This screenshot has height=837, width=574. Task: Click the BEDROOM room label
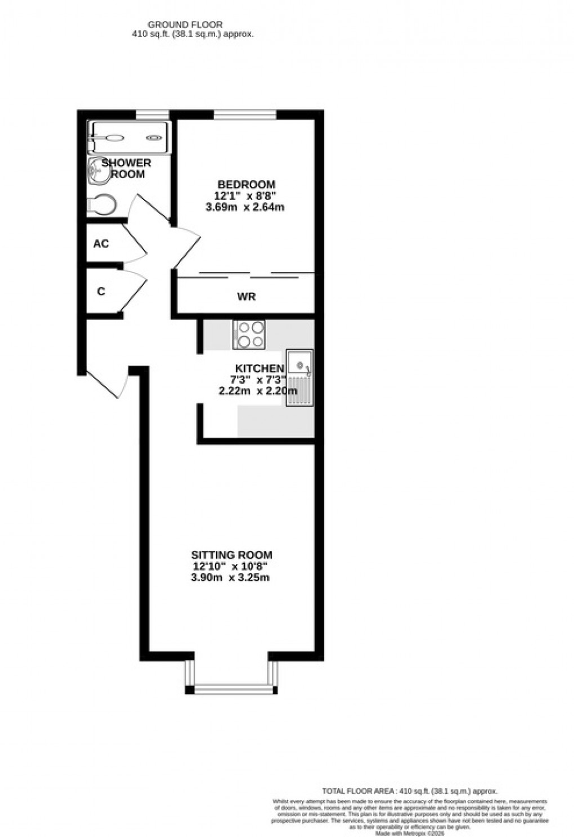(246, 184)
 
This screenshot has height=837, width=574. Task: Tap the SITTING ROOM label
(231, 555)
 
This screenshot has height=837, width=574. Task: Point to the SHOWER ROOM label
(127, 168)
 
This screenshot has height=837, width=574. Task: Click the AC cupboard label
(101, 244)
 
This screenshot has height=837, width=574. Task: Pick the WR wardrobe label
(247, 296)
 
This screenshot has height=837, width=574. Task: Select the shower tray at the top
(128, 137)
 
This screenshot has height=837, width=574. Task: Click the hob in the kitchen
(249, 334)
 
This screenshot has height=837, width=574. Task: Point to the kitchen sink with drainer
(299, 377)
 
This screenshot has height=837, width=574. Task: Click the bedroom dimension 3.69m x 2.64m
(245, 207)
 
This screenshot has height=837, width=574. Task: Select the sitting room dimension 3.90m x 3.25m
(230, 577)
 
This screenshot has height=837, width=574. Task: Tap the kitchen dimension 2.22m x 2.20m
(258, 390)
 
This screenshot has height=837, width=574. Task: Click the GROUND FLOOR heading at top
(185, 25)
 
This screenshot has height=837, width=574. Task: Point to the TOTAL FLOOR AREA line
(410, 791)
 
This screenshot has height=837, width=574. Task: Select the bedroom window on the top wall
(245, 115)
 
